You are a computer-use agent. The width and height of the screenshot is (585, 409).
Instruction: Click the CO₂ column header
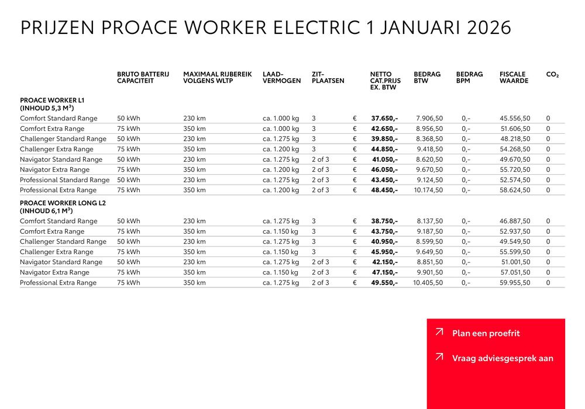pyautogui.click(x=552, y=75)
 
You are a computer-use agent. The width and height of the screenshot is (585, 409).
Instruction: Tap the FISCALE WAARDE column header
pyautogui.click(x=514, y=78)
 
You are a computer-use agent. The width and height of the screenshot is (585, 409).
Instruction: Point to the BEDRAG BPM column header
pyautogui.click(x=469, y=78)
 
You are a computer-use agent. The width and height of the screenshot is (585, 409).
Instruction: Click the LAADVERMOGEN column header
pyautogui.click(x=281, y=78)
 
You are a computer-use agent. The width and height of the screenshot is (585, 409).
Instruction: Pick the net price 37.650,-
pyautogui.click(x=384, y=119)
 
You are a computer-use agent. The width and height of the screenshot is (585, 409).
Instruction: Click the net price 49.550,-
pyautogui.click(x=384, y=283)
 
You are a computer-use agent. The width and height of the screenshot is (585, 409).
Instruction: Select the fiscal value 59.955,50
pyautogui.click(x=515, y=283)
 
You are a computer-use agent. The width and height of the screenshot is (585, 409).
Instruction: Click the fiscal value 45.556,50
pyautogui.click(x=515, y=119)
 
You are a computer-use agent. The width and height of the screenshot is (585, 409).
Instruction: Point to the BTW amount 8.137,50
pyautogui.click(x=429, y=221)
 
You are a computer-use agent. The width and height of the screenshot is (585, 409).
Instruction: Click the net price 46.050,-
pyautogui.click(x=384, y=170)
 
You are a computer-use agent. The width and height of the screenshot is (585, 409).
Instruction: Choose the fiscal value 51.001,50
pyautogui.click(x=515, y=262)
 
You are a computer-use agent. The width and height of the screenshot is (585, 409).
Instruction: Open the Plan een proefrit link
pyautogui.click(x=486, y=334)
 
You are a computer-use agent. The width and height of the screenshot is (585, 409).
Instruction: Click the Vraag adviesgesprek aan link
pyautogui.click(x=502, y=358)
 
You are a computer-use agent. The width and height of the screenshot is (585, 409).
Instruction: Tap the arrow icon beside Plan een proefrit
pyautogui.click(x=439, y=332)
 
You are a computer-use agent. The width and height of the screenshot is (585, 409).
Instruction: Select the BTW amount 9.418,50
pyautogui.click(x=429, y=150)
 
